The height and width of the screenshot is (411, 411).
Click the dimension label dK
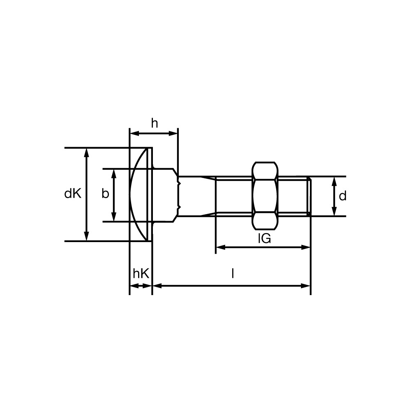(x=73, y=194)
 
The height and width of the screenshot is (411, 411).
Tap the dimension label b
(x=105, y=194)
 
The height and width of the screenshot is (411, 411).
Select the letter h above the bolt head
(x=155, y=123)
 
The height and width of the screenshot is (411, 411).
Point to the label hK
(x=141, y=274)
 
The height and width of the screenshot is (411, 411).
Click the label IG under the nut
(x=264, y=238)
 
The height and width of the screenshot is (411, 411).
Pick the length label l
(x=233, y=274)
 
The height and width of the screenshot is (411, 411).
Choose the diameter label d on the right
(x=343, y=196)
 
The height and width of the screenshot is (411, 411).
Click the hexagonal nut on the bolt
(x=265, y=196)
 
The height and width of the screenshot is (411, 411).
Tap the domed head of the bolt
(x=141, y=194)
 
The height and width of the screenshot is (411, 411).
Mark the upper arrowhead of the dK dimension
(x=86, y=152)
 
